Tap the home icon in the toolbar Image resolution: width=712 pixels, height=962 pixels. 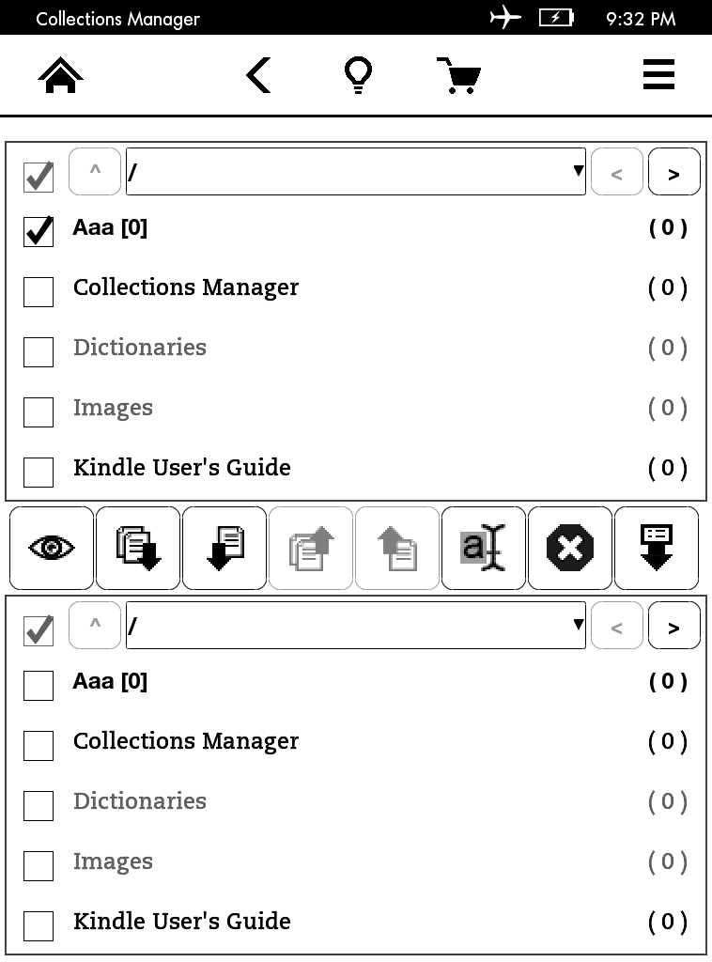tap(60, 75)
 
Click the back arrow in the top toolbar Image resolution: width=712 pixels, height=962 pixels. tap(258, 75)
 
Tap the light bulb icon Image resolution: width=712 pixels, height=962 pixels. tap(358, 75)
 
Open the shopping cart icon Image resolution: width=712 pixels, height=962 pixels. tap(458, 75)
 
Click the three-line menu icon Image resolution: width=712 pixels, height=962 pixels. tap(658, 74)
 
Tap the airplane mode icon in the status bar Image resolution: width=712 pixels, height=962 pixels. tap(504, 17)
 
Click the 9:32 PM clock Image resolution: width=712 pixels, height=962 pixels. tap(641, 19)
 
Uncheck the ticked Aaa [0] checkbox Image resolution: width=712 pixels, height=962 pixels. tap(38, 231)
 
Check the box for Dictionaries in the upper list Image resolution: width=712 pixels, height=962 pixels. tap(38, 351)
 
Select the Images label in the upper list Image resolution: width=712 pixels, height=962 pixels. tap(113, 408)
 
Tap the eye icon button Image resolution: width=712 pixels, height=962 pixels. tap(52, 548)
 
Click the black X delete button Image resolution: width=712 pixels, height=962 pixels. tap(570, 548)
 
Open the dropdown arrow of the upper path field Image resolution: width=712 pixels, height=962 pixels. tap(578, 171)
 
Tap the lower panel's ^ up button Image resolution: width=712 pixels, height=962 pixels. tap(95, 625)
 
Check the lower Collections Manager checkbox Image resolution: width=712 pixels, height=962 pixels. tap(38, 745)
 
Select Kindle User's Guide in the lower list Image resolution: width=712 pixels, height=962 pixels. tap(182, 922)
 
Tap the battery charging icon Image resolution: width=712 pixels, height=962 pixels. tap(556, 18)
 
